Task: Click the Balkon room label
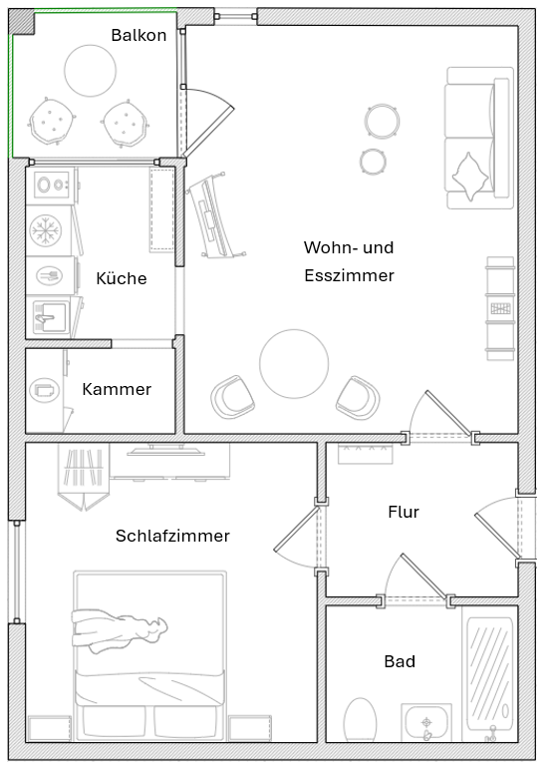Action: click(x=138, y=35)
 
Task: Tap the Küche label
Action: click(x=122, y=278)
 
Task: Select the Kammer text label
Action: click(x=117, y=389)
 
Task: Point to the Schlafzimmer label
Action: click(x=172, y=536)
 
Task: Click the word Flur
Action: click(x=404, y=512)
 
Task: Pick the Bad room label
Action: click(x=400, y=661)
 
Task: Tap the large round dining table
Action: click(x=294, y=364)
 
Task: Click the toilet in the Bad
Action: click(x=360, y=720)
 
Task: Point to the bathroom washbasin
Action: click(x=427, y=722)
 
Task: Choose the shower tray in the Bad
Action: click(x=490, y=673)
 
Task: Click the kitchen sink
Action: click(x=49, y=317)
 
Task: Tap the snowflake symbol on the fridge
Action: click(x=44, y=230)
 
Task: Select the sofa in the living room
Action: click(x=470, y=138)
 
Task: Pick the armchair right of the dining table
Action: click(x=358, y=398)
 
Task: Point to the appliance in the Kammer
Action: click(x=44, y=390)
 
